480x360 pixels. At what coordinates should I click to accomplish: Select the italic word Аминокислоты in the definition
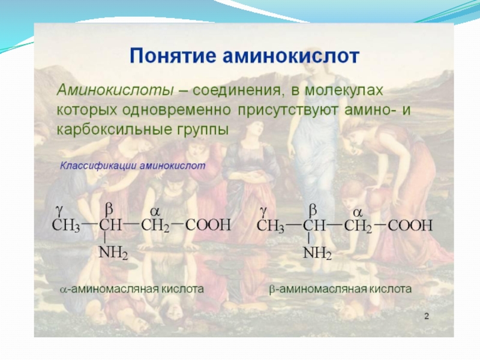coord(115,91)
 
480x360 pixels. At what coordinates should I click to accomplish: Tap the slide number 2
coord(427,316)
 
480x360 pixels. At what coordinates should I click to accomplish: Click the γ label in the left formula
coord(59,212)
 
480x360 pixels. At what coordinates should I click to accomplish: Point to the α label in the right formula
coord(358,212)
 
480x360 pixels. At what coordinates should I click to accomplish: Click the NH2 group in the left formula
coord(113,253)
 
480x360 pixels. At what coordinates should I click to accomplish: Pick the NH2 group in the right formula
coord(317,253)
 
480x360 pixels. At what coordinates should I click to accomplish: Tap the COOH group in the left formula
coord(208,225)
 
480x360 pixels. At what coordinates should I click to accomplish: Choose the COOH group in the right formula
coord(410,226)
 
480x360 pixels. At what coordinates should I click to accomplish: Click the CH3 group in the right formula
coord(271,226)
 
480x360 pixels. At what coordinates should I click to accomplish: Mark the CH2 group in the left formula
coord(155,226)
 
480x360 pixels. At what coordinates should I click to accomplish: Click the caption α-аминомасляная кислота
coord(132,289)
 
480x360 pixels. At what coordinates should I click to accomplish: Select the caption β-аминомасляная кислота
coord(340,289)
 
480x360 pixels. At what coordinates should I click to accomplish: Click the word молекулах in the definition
coord(344,91)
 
